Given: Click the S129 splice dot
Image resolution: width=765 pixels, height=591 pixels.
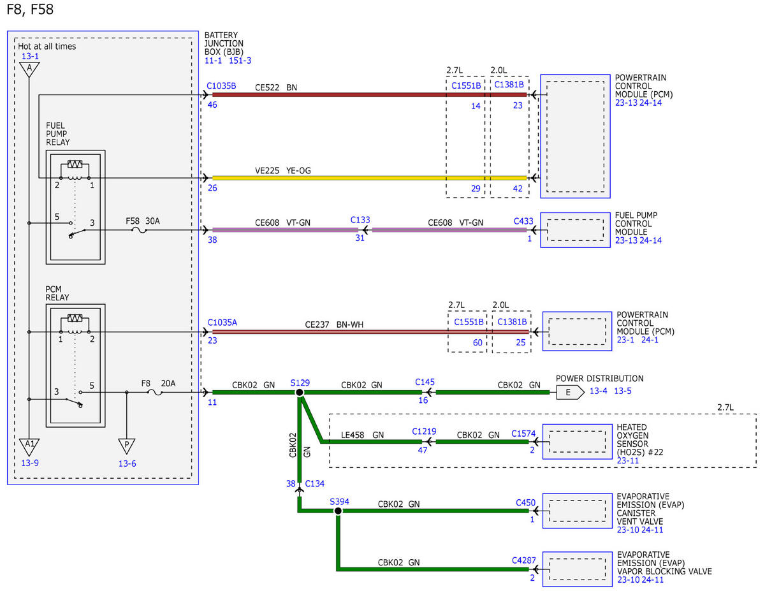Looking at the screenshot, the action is [300, 392].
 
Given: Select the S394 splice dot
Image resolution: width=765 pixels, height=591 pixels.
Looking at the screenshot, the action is [338, 511].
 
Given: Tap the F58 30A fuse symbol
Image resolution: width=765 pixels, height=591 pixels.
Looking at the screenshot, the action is [139, 231].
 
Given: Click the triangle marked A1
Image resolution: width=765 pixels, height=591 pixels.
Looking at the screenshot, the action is [29, 447].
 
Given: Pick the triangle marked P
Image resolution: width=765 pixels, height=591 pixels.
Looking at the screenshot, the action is [127, 446].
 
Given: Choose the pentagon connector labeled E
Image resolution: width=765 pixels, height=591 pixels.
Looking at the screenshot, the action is [570, 392].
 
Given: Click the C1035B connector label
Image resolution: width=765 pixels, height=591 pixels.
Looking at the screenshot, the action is [221, 86].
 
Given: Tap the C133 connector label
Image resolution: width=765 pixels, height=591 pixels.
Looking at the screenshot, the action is [360, 220].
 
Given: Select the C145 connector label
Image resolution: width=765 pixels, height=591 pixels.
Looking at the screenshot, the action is [425, 383].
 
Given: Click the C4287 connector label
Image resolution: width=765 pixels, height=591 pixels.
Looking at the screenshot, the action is [523, 560].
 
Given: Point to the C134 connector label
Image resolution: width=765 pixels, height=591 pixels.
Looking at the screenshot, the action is [314, 484].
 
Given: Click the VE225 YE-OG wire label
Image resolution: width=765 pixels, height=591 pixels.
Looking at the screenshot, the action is [282, 171].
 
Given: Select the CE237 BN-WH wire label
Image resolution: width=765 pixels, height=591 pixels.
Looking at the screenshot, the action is [334, 325].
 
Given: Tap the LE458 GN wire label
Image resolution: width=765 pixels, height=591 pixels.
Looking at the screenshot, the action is [362, 435].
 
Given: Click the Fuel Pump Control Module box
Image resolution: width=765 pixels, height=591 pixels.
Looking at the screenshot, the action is [575, 230].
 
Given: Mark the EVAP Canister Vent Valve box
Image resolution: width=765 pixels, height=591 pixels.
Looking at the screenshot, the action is [577, 511].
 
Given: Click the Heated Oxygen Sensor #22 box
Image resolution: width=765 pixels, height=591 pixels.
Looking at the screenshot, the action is [577, 442].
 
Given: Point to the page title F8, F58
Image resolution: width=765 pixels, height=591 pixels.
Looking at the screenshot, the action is [30, 10].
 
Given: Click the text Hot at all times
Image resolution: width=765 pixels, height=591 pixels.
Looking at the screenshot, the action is [47, 47].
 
